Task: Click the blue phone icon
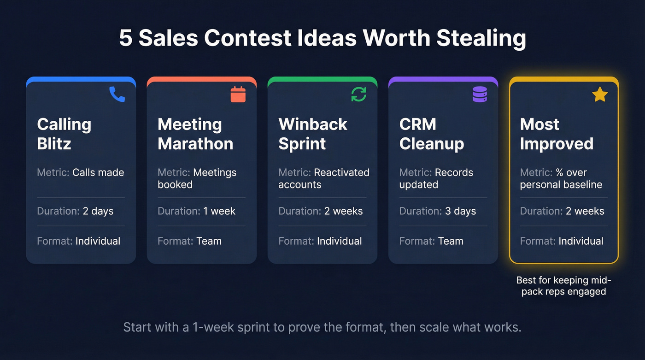(x=117, y=94)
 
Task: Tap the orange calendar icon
(x=238, y=94)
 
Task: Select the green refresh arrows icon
(x=359, y=94)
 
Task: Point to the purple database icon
(x=480, y=94)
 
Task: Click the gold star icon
(x=600, y=94)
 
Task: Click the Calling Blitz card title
(x=64, y=134)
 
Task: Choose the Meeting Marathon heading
(x=195, y=134)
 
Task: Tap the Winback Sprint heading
(x=313, y=134)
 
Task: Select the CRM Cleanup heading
(x=432, y=134)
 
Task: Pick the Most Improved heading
(x=557, y=134)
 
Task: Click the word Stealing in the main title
(x=481, y=38)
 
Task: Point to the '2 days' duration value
(x=98, y=211)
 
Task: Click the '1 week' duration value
(x=219, y=211)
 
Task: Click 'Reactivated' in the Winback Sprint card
(x=341, y=172)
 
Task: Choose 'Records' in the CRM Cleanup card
(x=454, y=172)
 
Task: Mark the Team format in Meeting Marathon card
(x=209, y=241)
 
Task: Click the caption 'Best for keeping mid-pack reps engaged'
(x=563, y=286)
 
